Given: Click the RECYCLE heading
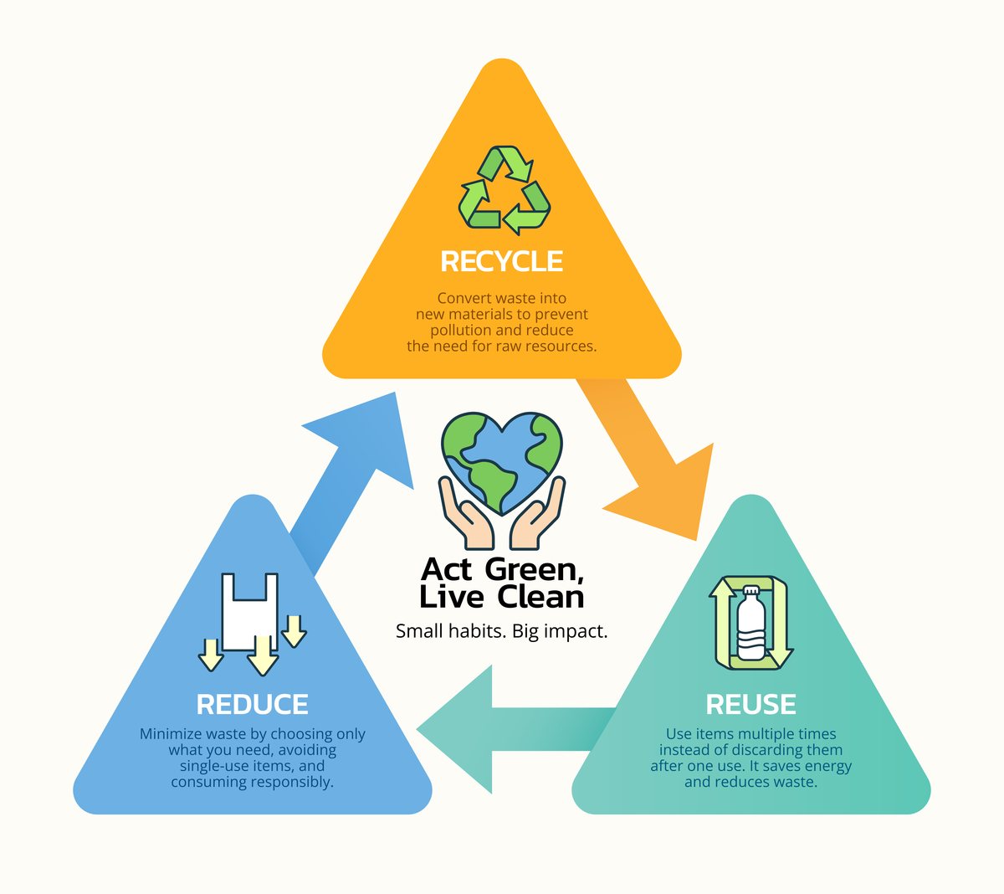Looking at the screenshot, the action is click(501, 261).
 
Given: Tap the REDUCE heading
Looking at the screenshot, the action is click(252, 704).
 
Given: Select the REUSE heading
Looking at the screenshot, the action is click(750, 704).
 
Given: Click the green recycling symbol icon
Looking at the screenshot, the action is click(505, 189).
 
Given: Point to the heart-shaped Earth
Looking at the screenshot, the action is click(501, 462).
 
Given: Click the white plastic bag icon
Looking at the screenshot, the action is click(250, 612).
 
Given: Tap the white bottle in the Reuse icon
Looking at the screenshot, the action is click(751, 624).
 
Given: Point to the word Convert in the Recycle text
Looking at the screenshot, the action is click(458, 298).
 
